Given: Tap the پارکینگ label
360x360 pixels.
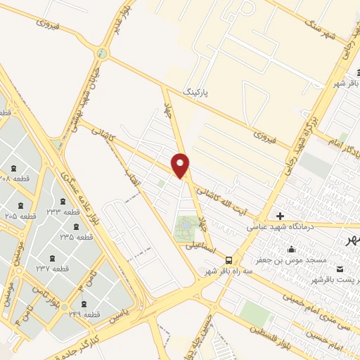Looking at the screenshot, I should pos(196,92).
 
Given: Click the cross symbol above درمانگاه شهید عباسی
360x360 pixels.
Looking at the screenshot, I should pos(281,216).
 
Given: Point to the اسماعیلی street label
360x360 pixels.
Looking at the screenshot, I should pos(200,247).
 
